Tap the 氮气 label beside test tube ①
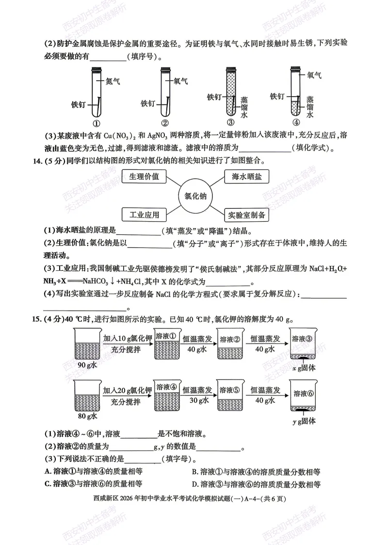point(112,81)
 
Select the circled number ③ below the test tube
point(231,123)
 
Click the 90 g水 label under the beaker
point(87,365)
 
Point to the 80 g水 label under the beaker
point(87,416)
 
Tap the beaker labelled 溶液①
point(167,347)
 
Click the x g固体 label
point(304,369)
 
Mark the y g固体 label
point(304,420)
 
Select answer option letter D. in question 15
point(194,484)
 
